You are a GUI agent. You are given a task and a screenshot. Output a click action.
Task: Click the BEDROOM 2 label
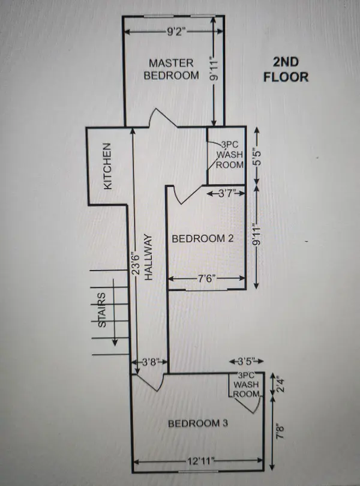pyautogui.click(x=202, y=238)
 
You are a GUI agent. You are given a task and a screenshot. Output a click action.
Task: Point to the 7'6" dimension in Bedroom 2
pyautogui.click(x=206, y=278)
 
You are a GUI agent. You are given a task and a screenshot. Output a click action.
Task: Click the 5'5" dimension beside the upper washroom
pyautogui.click(x=257, y=157)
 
